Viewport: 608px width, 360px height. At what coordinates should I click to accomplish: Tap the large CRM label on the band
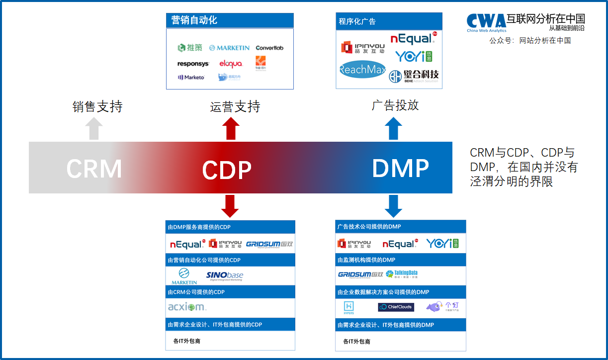click(x=94, y=169)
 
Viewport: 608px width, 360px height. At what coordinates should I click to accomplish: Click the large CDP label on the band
click(x=227, y=170)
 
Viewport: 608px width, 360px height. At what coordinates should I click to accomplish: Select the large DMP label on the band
click(x=400, y=169)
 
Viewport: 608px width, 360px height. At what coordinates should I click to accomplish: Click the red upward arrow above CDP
click(x=230, y=128)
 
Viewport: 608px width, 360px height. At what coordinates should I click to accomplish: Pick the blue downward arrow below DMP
click(x=393, y=205)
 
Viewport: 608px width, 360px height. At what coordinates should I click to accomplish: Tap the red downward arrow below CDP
click(x=230, y=205)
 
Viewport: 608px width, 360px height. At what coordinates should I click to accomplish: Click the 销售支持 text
click(x=97, y=106)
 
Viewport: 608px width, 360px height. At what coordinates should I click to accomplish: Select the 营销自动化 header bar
click(x=230, y=20)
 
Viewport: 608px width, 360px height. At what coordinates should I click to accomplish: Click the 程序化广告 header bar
click(x=389, y=21)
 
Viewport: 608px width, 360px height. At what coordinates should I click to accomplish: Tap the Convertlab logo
click(x=269, y=48)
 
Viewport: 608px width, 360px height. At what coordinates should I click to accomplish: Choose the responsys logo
click(x=193, y=64)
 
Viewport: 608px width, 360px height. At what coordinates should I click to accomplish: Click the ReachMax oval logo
click(x=362, y=70)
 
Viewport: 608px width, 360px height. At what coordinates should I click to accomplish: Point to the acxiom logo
click(x=187, y=307)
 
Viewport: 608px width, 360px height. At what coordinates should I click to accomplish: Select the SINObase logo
click(x=225, y=276)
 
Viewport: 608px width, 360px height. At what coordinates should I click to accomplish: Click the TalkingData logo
click(x=402, y=274)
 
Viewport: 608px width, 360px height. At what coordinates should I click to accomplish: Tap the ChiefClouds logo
click(x=396, y=307)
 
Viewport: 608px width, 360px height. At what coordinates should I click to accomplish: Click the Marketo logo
click(x=191, y=78)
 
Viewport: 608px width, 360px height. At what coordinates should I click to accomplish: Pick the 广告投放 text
click(x=395, y=105)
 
